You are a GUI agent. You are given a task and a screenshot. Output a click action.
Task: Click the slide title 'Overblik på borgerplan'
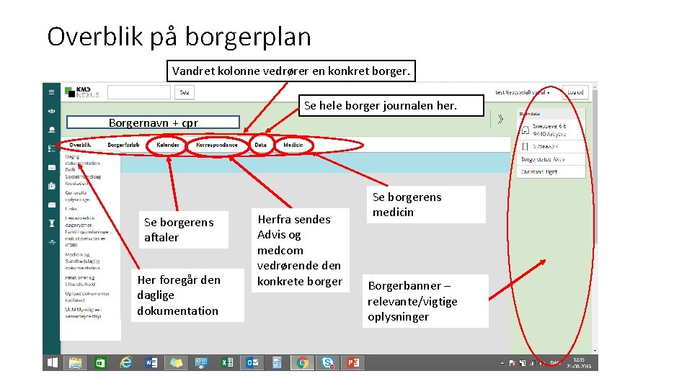click(x=179, y=36)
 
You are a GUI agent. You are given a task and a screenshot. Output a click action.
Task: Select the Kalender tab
click(x=167, y=145)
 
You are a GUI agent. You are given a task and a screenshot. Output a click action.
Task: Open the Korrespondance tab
click(x=216, y=145)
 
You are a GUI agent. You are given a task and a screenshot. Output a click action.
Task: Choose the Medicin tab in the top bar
click(x=293, y=145)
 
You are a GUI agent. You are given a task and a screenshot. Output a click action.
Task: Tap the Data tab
click(x=260, y=145)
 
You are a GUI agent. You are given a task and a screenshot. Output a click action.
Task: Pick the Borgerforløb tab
click(x=123, y=145)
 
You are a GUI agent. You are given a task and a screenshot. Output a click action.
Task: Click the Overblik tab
click(x=80, y=145)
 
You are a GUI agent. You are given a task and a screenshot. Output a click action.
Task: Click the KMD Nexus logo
click(x=82, y=92)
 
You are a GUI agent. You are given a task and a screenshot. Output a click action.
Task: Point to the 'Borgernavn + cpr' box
click(x=153, y=122)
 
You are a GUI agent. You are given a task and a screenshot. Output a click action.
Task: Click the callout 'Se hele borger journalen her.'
click(x=380, y=106)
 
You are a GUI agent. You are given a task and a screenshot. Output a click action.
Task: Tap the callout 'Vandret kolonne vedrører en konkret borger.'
click(x=290, y=71)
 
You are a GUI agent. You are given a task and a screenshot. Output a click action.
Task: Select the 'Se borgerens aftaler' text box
click(x=179, y=230)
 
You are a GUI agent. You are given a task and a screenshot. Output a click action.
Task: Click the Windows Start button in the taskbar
click(x=52, y=362)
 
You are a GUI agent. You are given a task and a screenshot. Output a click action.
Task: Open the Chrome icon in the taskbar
click(x=303, y=362)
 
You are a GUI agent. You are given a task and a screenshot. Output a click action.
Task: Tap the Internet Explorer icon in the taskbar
click(x=125, y=362)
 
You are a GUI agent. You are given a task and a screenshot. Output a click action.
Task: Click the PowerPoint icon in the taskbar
click(x=352, y=362)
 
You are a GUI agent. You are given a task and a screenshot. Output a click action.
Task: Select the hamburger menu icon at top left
click(x=51, y=92)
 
